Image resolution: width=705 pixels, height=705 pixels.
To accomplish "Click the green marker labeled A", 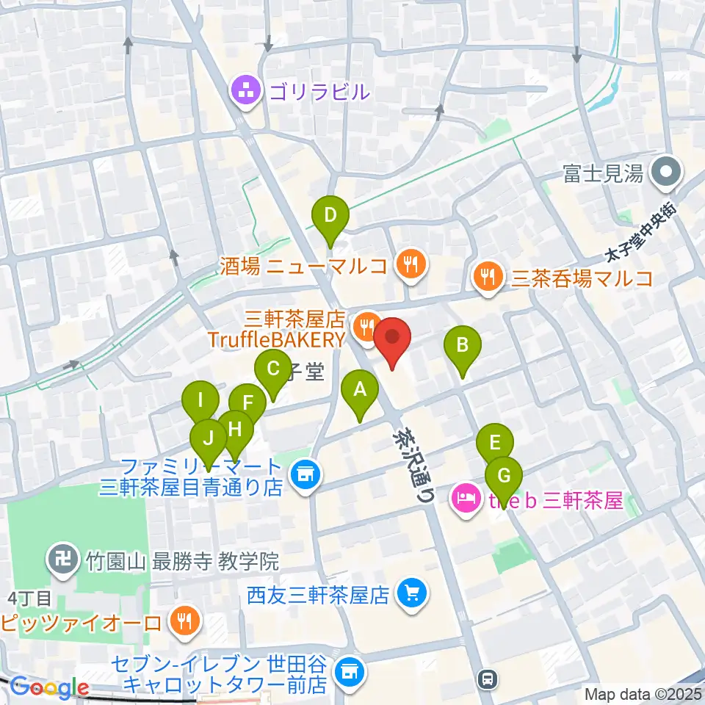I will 360,391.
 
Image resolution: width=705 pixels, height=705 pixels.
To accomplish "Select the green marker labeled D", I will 330,217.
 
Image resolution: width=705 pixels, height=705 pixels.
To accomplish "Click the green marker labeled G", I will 504,476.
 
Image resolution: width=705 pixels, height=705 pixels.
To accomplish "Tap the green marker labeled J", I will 209,439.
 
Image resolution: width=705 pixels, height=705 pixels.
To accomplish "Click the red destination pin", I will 392,339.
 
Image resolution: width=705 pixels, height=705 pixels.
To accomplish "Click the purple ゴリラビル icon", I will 243,92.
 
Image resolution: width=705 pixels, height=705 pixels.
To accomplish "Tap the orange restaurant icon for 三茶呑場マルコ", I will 487,278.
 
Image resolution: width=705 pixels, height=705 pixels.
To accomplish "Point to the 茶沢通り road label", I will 411,465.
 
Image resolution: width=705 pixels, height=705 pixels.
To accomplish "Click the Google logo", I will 50,687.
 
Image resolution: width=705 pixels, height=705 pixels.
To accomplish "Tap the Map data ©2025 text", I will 643,693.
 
